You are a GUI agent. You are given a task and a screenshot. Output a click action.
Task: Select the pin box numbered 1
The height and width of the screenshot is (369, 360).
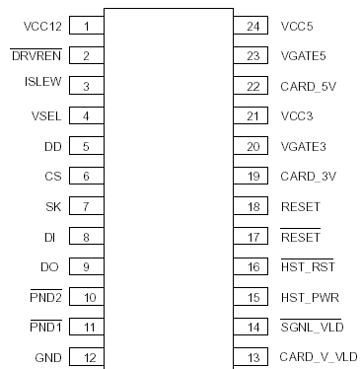pyautogui.click(x=87, y=27)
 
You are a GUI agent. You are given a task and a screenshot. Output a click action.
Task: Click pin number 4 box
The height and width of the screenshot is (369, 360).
pyautogui.click(x=87, y=116)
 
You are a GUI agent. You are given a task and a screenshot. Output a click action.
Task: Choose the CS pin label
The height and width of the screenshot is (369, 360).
pyautogui.click(x=54, y=177)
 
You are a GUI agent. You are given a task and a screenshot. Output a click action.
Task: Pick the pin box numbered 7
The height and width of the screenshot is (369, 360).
pyautogui.click(x=87, y=206)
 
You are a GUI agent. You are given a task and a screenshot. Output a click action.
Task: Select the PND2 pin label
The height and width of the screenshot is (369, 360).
pyautogui.click(x=47, y=296)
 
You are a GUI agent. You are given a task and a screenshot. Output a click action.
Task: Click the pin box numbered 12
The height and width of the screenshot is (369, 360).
pyautogui.click(x=87, y=356)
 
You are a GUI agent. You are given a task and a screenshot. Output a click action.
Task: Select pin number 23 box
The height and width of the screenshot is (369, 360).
pyautogui.click(x=252, y=56)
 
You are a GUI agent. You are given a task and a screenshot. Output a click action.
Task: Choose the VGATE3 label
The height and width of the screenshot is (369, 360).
pyautogui.click(x=303, y=146)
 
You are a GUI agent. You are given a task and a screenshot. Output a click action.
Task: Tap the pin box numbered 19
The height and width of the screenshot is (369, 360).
pyautogui.click(x=252, y=177)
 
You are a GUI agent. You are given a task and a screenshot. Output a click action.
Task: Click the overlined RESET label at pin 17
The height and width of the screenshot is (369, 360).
pyautogui.click(x=300, y=237)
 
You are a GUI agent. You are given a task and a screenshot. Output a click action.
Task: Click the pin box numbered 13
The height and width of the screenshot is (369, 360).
pyautogui.click(x=252, y=356)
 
